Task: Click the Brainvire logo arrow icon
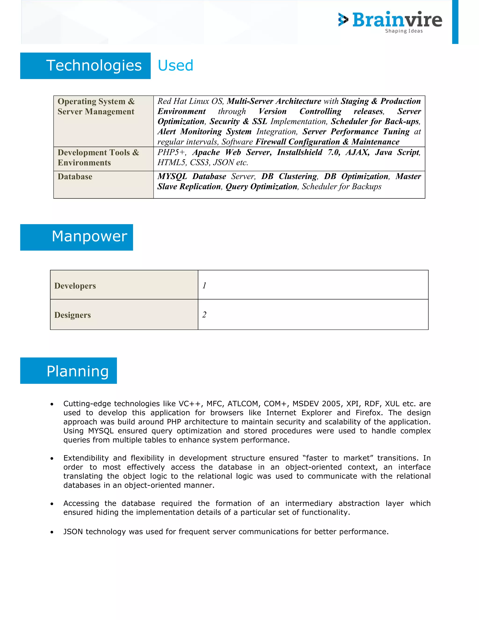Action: tap(343, 20)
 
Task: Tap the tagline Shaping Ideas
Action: tap(403, 31)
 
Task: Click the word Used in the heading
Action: tap(175, 66)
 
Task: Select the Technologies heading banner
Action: tap(85, 66)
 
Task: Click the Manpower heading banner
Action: tap(77, 237)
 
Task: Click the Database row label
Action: tap(75, 177)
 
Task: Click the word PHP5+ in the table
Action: tap(171, 153)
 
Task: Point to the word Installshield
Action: tap(299, 153)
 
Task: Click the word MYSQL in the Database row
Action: tap(172, 176)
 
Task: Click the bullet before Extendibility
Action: tap(52, 459)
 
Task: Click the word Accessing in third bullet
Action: tap(81, 503)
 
